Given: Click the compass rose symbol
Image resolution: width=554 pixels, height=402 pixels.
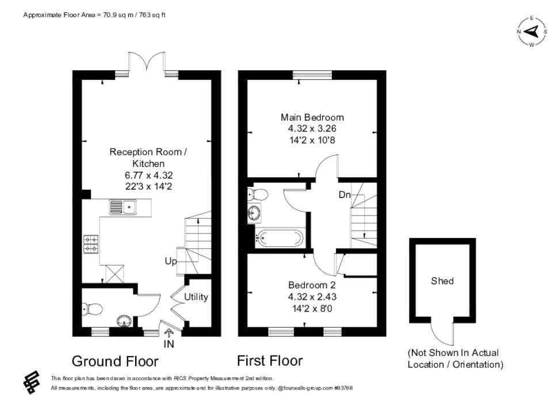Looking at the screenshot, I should [x=532, y=32].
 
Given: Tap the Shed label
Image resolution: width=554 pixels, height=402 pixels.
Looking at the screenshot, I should [x=442, y=281].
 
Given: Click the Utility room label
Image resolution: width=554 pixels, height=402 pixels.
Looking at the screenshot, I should [x=196, y=297].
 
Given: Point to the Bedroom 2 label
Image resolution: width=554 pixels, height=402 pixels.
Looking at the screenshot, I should [x=312, y=285].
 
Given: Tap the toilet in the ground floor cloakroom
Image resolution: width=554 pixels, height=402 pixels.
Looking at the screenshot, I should [x=92, y=310].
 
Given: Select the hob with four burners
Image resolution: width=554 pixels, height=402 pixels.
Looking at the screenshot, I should [x=91, y=244].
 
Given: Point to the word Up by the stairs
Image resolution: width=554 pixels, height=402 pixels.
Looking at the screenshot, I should [x=171, y=261].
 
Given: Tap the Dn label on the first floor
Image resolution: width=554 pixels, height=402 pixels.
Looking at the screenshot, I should [x=344, y=195].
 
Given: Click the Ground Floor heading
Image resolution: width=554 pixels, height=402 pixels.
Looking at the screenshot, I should [x=115, y=361].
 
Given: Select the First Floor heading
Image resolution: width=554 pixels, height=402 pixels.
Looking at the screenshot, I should [x=270, y=361].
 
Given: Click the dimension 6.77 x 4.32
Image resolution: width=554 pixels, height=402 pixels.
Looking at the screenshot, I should [x=149, y=175].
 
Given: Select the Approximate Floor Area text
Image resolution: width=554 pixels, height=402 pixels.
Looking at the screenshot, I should [x=94, y=15].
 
